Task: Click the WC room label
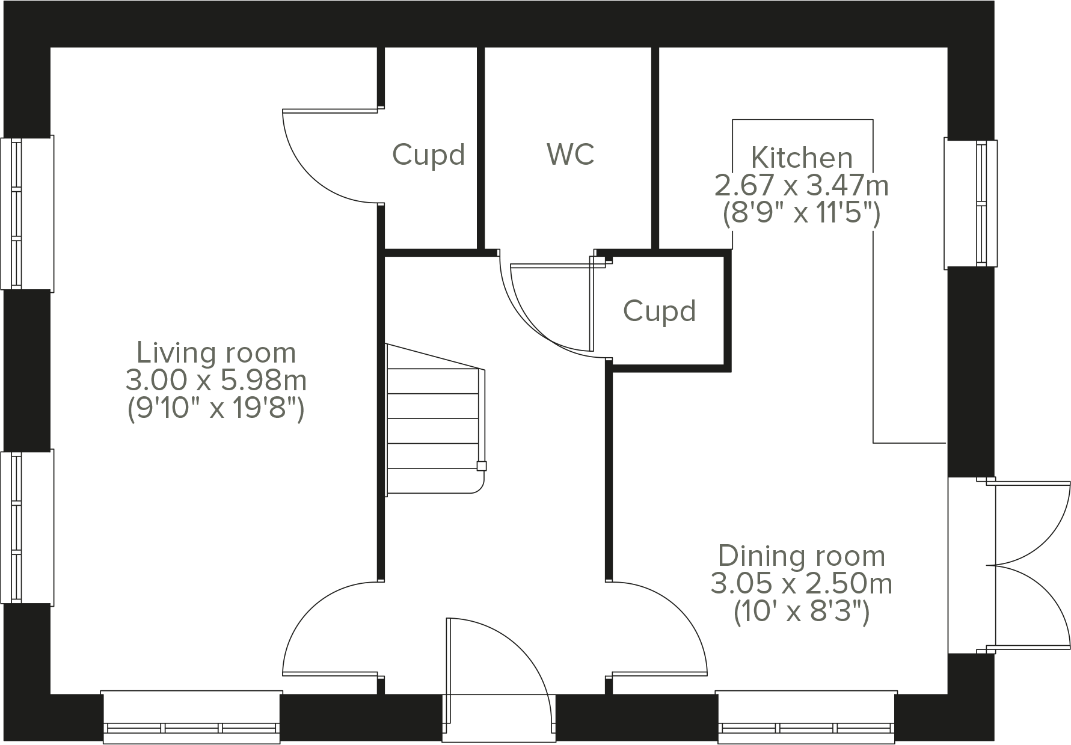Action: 571,155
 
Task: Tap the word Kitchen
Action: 802,158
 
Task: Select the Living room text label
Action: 216,353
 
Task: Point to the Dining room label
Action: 802,556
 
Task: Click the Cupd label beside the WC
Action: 429,155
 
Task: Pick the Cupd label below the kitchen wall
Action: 660,311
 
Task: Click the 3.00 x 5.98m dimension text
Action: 216,381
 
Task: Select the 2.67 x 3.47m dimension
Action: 802,186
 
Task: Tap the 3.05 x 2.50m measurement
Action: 802,584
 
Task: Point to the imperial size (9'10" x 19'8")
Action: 216,409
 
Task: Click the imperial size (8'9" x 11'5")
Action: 802,213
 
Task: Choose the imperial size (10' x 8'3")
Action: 802,613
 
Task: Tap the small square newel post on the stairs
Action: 481,465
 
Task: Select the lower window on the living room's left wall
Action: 26,527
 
